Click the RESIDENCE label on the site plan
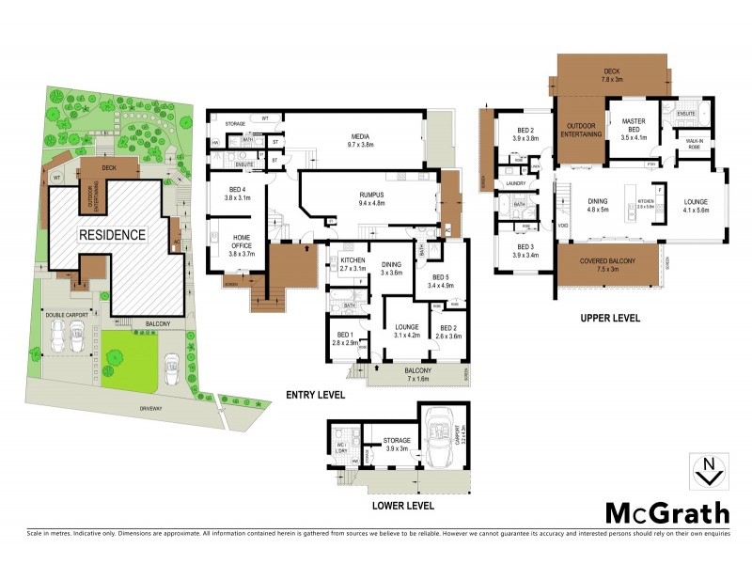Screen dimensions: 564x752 [112, 234]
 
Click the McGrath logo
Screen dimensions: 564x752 [666, 512]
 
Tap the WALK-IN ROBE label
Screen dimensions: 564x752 [695, 144]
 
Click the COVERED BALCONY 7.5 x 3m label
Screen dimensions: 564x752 [607, 266]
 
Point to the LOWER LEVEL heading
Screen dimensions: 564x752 [402, 505]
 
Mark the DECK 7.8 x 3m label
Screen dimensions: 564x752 [612, 75]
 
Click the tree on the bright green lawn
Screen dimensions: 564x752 [116, 356]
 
